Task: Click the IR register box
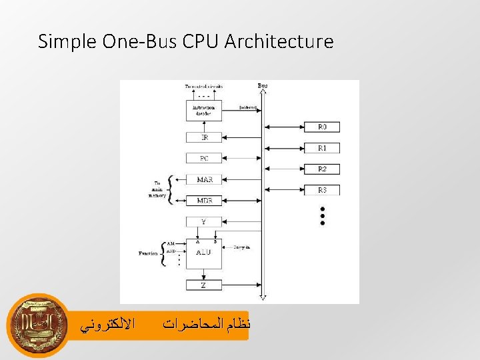point(205,137)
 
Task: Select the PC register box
point(205,159)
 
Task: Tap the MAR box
point(205,180)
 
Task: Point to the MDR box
point(205,200)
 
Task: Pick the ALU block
point(204,253)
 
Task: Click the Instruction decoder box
point(204,110)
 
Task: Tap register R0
point(322,127)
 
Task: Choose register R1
point(322,148)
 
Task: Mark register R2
point(322,169)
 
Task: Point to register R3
point(322,190)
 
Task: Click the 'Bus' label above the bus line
point(263,86)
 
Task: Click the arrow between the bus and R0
point(284,127)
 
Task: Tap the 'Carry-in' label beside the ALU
point(242,247)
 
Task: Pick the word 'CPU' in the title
point(199,42)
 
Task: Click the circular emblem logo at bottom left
point(38,325)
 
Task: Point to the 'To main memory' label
point(157,190)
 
